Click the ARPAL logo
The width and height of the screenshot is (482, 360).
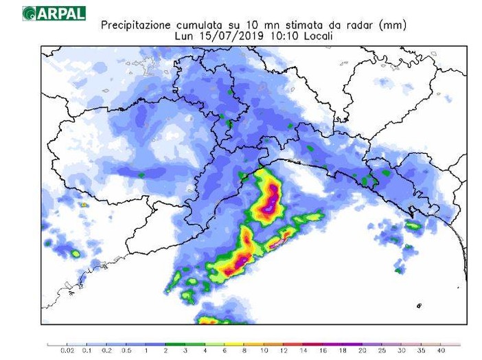54,13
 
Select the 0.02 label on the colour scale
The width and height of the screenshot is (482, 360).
67,352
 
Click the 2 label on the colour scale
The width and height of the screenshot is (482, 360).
165,352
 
